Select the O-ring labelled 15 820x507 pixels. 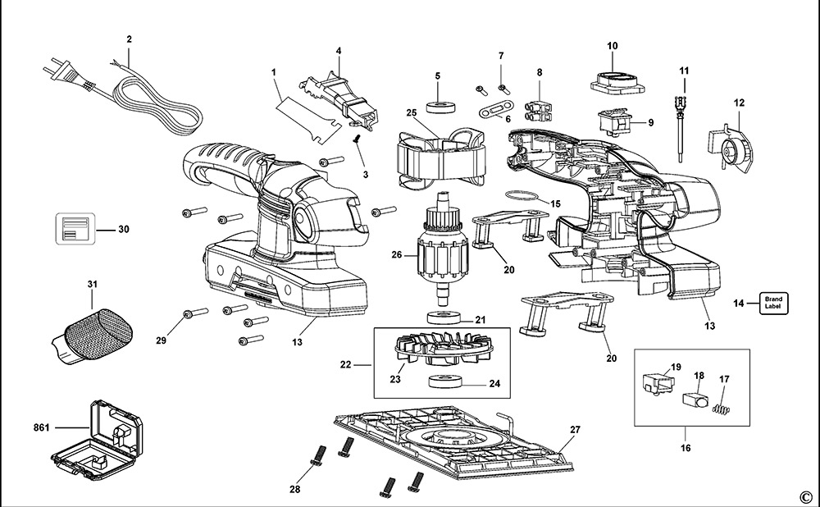pos(520,196)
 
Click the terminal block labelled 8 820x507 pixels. pos(539,108)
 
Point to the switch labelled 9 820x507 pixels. pos(617,122)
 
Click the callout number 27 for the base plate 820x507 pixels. pos(575,431)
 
